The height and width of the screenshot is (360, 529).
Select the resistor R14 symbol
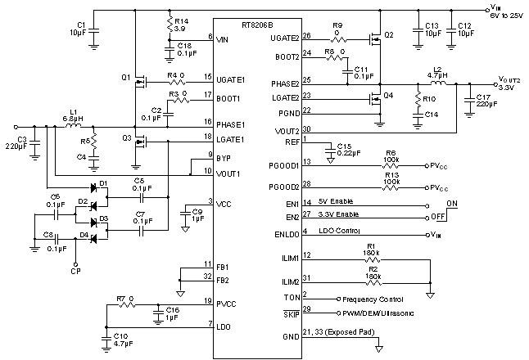pyautogui.click(x=170, y=25)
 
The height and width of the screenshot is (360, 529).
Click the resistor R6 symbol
pyautogui.click(x=391, y=164)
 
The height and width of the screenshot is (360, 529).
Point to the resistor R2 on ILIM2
pyautogui.click(x=373, y=282)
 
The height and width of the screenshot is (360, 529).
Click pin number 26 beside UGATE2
pyautogui.click(x=307, y=36)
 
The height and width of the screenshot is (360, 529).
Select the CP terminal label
pyautogui.click(x=75, y=270)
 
